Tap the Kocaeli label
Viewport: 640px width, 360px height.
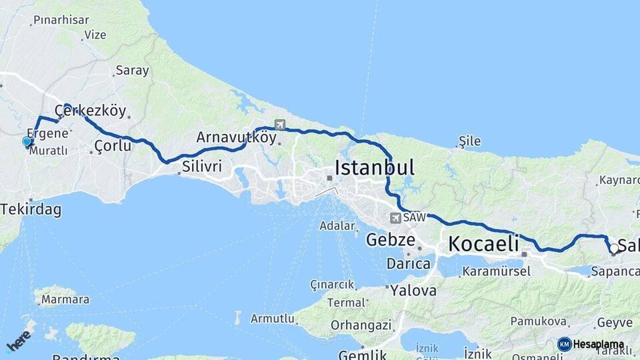click(x=483, y=244)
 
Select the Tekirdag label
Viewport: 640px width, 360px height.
click(x=31, y=209)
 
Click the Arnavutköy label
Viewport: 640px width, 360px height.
click(x=236, y=137)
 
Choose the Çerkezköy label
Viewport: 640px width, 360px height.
click(x=90, y=110)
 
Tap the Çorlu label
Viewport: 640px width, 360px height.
click(x=113, y=145)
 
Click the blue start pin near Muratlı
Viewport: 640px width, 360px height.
click(x=27, y=141)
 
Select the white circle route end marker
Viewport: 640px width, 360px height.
click(x=613, y=249)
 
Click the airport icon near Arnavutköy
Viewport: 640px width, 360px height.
click(x=279, y=124)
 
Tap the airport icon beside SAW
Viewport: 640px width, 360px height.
click(x=396, y=217)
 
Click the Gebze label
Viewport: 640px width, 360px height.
click(x=391, y=240)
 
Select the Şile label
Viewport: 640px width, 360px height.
click(x=469, y=141)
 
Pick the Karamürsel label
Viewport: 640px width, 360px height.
click(x=496, y=271)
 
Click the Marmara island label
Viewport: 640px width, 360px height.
click(x=65, y=299)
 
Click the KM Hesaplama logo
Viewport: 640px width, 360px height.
click(x=591, y=344)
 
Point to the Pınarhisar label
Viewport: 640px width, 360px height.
click(x=61, y=20)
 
